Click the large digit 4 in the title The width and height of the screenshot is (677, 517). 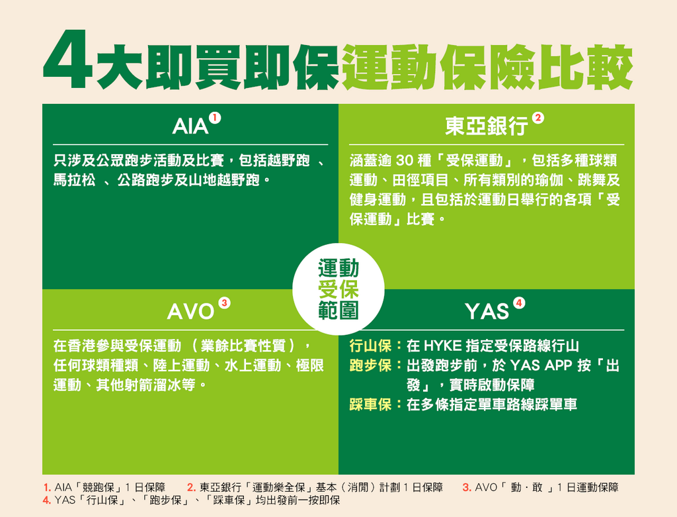pyautogui.click(x=68, y=60)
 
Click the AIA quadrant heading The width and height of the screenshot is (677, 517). pyautogui.click(x=190, y=126)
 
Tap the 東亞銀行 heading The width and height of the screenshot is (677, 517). pyautogui.click(x=487, y=126)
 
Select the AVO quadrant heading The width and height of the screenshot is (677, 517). pyautogui.click(x=190, y=311)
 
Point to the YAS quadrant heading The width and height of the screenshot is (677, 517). pyautogui.click(x=487, y=311)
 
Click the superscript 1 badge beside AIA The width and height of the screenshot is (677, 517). pyautogui.click(x=215, y=118)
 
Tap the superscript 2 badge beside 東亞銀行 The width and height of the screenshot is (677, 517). pyautogui.click(x=538, y=118)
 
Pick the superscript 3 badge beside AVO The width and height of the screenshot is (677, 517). pyautogui.click(x=224, y=303)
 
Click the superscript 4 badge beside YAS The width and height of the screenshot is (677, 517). pyautogui.click(x=519, y=303)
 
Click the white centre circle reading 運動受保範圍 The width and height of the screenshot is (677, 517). pyautogui.click(x=338, y=289)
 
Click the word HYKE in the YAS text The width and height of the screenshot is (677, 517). pyautogui.click(x=442, y=346)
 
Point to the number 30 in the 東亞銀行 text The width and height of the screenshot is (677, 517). pyautogui.click(x=405, y=160)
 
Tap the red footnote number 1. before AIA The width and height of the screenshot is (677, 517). pyautogui.click(x=48, y=488)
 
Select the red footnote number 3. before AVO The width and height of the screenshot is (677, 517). pyautogui.click(x=467, y=488)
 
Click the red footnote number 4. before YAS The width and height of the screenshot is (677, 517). pyautogui.click(x=47, y=500)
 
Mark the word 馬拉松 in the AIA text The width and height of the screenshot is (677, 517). pyautogui.click(x=74, y=180)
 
